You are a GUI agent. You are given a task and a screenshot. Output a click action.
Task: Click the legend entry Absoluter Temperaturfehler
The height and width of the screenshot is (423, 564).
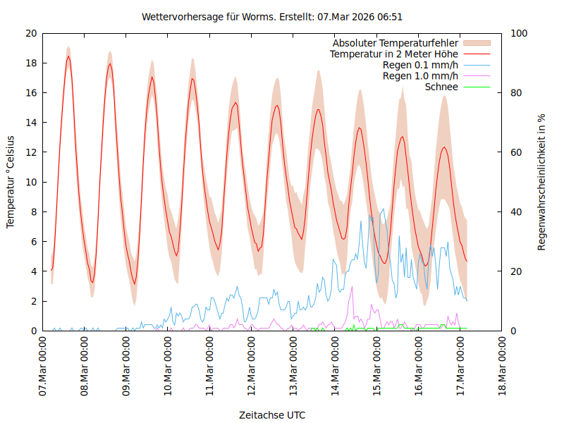click(x=396, y=42)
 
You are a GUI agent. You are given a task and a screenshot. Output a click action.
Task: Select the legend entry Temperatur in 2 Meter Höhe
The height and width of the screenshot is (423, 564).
click(x=394, y=54)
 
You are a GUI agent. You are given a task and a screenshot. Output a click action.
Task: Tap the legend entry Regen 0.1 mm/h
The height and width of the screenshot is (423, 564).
click(x=420, y=65)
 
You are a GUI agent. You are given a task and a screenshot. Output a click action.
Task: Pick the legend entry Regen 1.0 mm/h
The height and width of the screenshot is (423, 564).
click(x=420, y=75)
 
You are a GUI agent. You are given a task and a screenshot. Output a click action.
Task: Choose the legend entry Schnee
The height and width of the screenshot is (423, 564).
click(x=442, y=87)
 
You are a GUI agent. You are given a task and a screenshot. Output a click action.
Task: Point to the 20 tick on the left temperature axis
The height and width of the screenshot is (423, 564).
click(x=30, y=33)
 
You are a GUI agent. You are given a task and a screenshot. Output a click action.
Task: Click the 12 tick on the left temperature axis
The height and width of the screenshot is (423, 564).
click(x=30, y=152)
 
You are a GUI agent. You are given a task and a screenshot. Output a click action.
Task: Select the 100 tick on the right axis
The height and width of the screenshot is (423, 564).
click(x=519, y=33)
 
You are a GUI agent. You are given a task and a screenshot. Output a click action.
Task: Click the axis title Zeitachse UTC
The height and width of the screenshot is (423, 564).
click(x=272, y=415)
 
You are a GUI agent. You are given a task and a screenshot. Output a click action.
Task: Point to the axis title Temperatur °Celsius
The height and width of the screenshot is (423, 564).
click(x=11, y=182)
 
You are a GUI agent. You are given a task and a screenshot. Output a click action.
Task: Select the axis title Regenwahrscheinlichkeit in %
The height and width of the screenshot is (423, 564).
click(x=542, y=182)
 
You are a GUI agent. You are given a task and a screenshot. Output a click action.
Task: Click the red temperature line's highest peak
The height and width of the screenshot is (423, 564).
click(x=68, y=56)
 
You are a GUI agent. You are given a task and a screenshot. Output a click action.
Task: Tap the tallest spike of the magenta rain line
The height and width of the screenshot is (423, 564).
click(x=352, y=286)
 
